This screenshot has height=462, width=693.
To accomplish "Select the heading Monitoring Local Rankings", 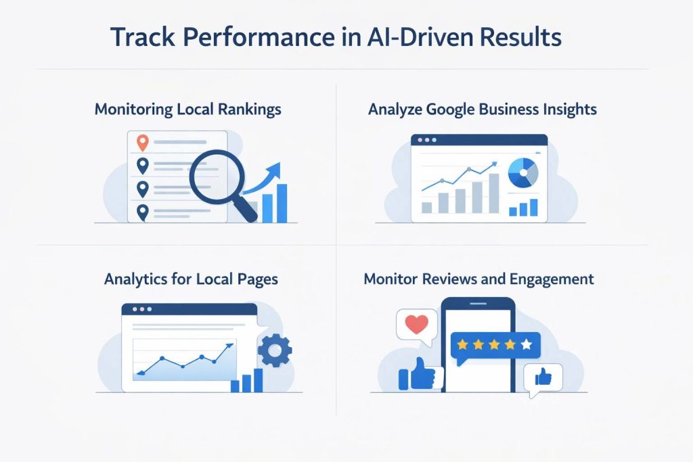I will [187, 109].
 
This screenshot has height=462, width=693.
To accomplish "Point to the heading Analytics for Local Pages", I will [191, 278].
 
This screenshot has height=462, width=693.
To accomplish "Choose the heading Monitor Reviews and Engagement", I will [479, 278].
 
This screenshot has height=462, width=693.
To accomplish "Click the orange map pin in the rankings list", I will [142, 143].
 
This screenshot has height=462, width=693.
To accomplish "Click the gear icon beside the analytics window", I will [275, 350].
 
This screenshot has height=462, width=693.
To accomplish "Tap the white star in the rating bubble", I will [527, 345].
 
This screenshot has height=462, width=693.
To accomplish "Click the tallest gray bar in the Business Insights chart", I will [494, 193].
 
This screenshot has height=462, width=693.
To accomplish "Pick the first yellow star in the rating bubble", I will [463, 345].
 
